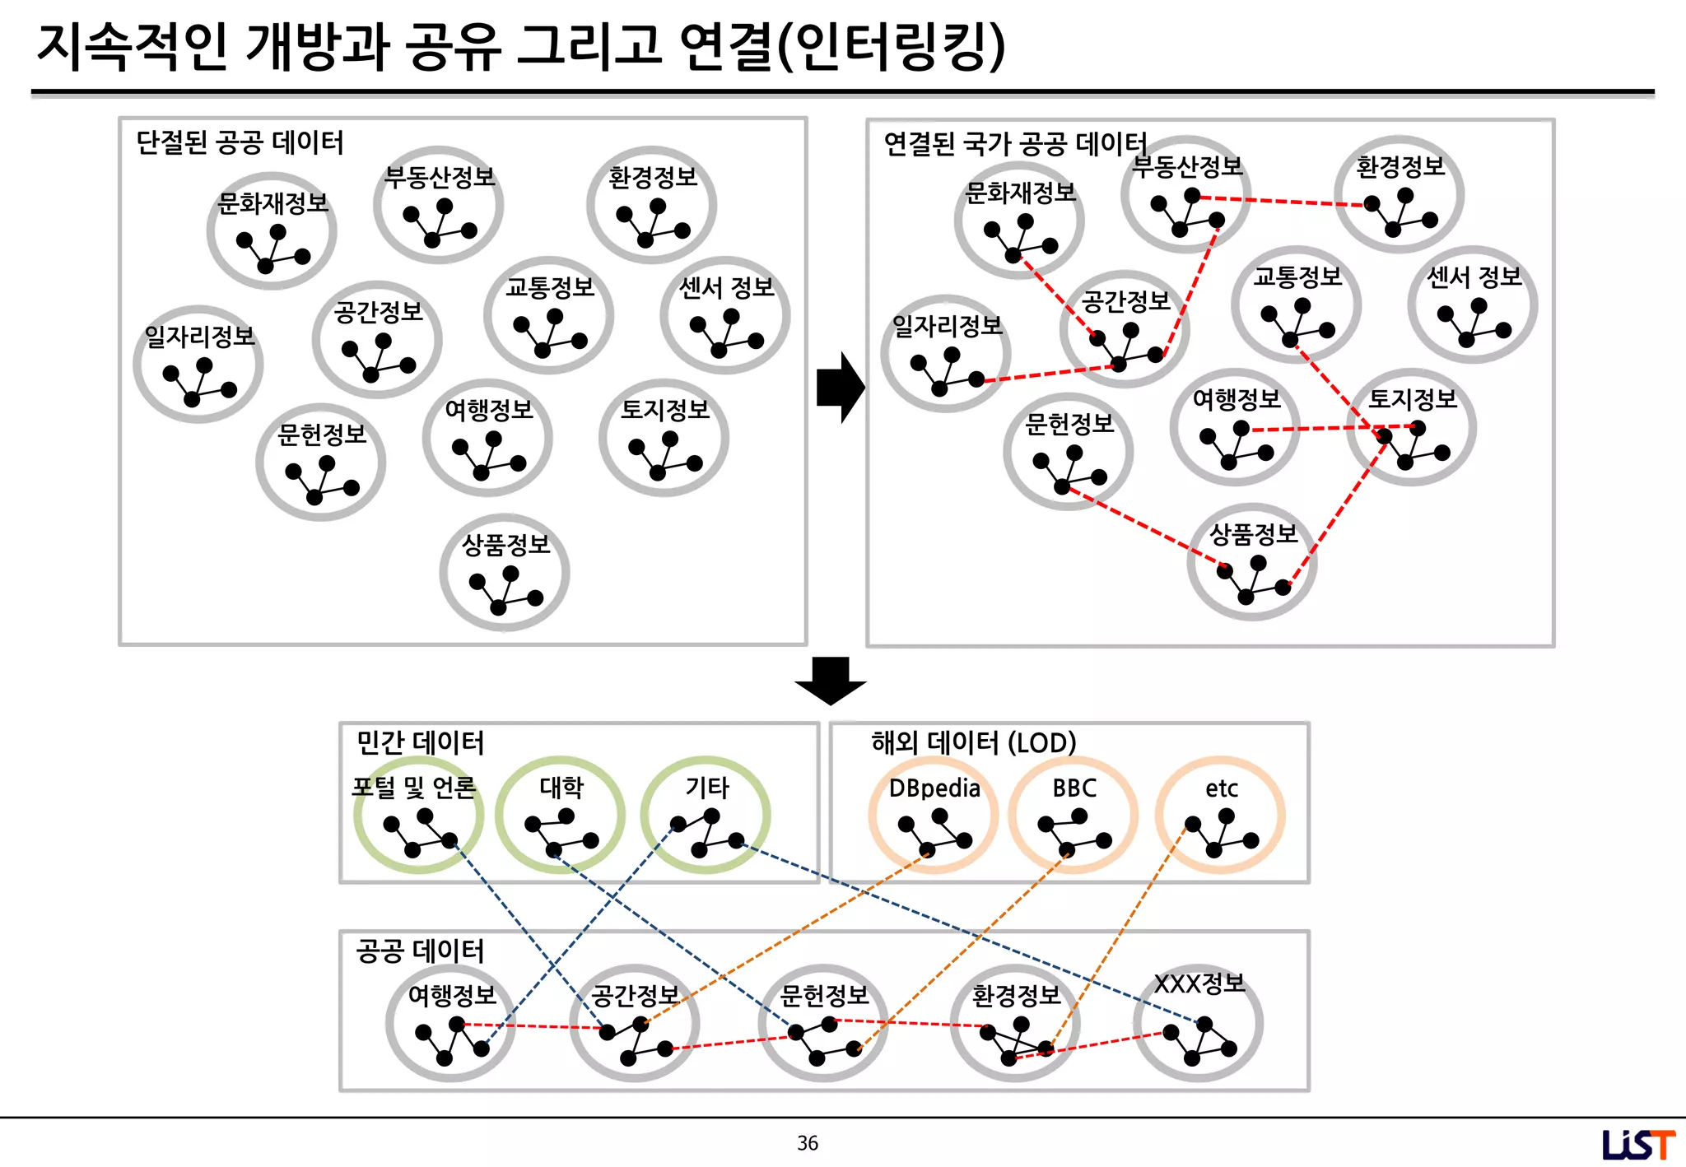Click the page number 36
pyautogui.click(x=807, y=1142)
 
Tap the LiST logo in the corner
pyautogui.click(x=1637, y=1144)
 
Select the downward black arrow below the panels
pyautogui.click(x=830, y=681)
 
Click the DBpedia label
pyautogui.click(x=934, y=788)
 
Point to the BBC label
pyautogui.click(x=1074, y=788)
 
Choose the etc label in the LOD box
pyautogui.click(x=1221, y=789)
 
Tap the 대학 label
pyautogui.click(x=561, y=788)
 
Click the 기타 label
pyautogui.click(x=707, y=788)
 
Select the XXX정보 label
pyautogui.click(x=1199, y=983)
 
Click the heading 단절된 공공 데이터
pyautogui.click(x=240, y=142)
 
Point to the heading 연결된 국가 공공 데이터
pyautogui.click(x=1014, y=144)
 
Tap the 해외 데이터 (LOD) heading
pyautogui.click(x=973, y=742)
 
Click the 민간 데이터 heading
pyautogui.click(x=420, y=742)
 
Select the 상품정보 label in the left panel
pyautogui.click(x=505, y=544)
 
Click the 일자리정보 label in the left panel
pyautogui.click(x=200, y=336)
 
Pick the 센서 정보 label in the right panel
pyautogui.click(x=1474, y=277)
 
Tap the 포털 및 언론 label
pyautogui.click(x=413, y=788)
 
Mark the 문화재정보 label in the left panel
pyautogui.click(x=272, y=202)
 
